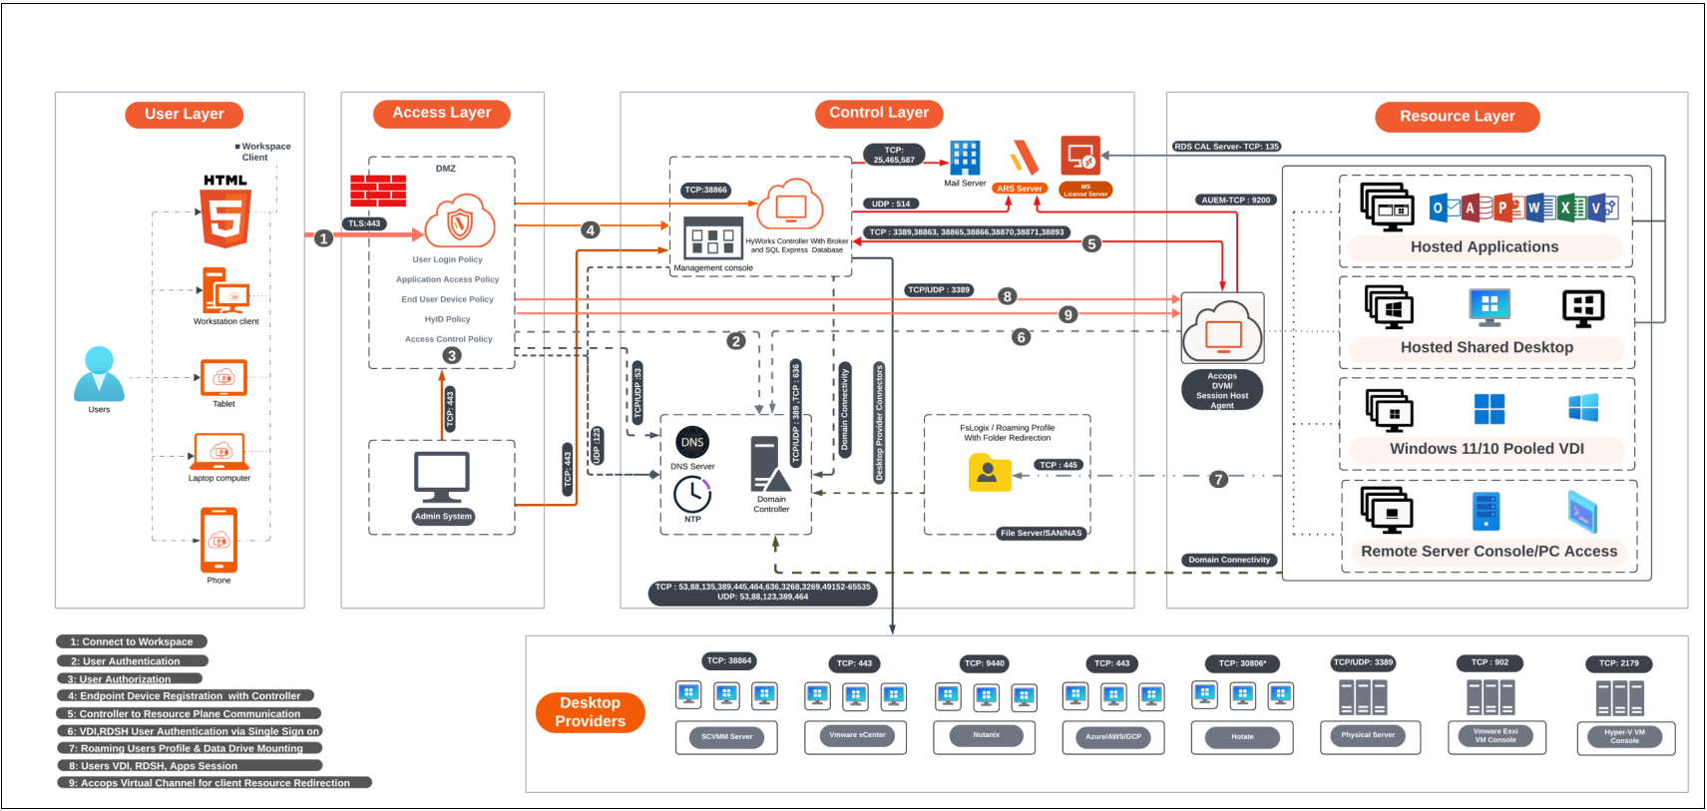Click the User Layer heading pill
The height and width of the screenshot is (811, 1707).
(185, 114)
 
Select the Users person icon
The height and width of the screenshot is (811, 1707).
(99, 374)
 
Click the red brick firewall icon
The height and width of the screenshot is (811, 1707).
(378, 190)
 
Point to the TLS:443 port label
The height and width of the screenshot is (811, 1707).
(364, 223)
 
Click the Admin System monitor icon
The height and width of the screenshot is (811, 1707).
(442, 478)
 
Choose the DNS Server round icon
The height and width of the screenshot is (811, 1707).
(692, 442)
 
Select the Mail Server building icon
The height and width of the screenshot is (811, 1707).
(965, 159)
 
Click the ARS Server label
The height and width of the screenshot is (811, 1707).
(1019, 189)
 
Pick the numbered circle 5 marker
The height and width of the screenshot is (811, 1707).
(1091, 243)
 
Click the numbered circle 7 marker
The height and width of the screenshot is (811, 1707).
(1217, 479)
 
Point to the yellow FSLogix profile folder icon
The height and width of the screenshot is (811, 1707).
(989, 473)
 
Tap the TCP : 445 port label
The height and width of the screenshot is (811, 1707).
(1059, 465)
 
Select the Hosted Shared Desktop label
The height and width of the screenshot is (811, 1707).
(1487, 347)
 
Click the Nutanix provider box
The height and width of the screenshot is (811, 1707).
(985, 735)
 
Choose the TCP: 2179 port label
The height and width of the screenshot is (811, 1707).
(1618, 662)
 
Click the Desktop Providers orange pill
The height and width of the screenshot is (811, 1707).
(590, 712)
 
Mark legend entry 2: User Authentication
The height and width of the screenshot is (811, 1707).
(132, 660)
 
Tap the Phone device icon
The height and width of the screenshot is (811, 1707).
(218, 540)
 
